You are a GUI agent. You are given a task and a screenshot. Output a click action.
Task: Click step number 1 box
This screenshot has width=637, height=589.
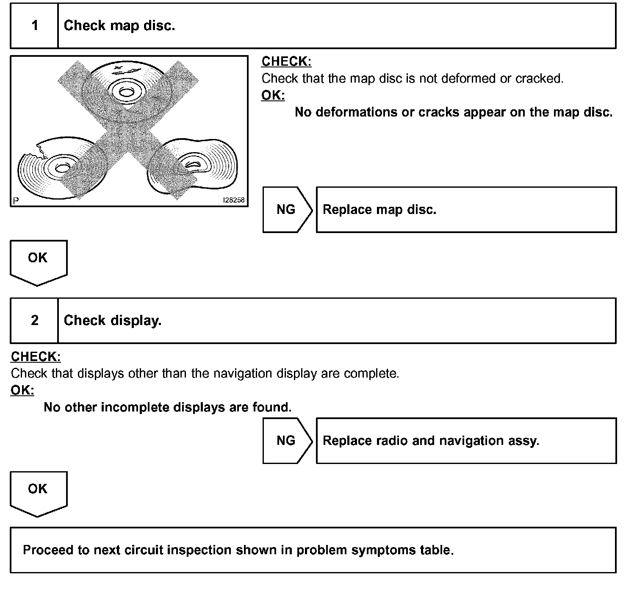(x=34, y=26)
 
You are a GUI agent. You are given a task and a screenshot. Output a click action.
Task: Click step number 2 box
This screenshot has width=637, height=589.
(x=34, y=320)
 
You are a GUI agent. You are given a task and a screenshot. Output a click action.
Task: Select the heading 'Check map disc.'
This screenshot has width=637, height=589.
(x=119, y=26)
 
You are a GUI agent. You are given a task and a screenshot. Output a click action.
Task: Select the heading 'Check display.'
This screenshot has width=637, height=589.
(x=113, y=320)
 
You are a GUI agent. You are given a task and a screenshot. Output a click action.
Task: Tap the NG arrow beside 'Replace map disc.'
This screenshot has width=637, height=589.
(x=287, y=210)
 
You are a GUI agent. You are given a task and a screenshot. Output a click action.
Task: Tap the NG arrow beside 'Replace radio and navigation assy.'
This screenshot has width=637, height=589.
(x=287, y=441)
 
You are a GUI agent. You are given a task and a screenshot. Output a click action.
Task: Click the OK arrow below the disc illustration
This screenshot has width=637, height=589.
(x=38, y=261)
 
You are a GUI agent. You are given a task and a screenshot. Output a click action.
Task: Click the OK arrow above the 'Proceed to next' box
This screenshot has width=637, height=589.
(x=38, y=492)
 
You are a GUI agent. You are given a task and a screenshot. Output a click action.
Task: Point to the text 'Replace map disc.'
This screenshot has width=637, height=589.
(x=379, y=210)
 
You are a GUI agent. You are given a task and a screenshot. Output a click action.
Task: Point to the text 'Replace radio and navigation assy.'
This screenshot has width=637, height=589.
(x=431, y=441)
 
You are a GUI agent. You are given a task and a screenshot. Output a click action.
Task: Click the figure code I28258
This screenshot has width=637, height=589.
(x=234, y=200)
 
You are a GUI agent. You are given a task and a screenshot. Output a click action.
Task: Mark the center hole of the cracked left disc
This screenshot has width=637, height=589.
(x=62, y=168)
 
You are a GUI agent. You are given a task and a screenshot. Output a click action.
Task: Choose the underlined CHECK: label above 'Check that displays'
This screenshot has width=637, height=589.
(x=36, y=357)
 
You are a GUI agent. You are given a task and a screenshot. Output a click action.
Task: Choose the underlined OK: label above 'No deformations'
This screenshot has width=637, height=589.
(x=273, y=95)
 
